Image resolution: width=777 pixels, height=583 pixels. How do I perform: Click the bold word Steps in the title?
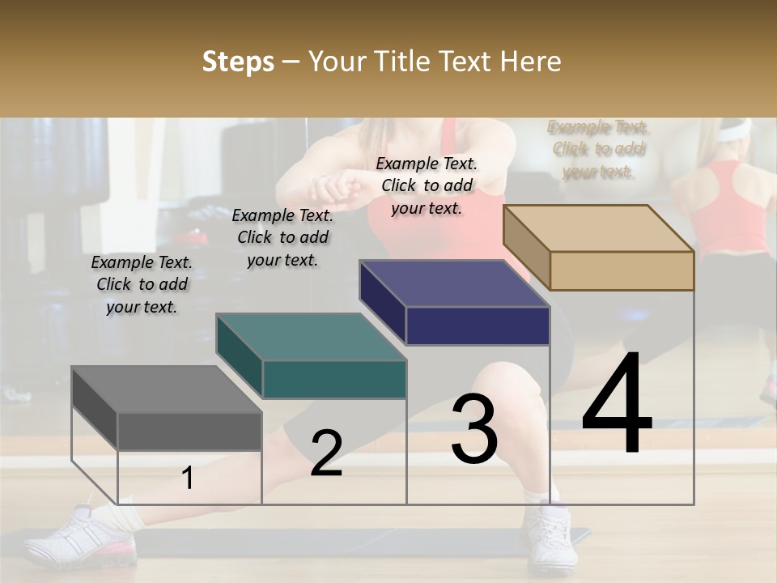238,62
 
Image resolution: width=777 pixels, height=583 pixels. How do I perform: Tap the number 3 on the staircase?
474,429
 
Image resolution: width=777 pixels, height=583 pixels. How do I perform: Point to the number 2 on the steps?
326,453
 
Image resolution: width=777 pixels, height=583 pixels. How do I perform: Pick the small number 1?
187,479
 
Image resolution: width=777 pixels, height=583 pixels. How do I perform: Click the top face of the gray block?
166,389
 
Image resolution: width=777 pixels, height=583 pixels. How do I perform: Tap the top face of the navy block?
454,284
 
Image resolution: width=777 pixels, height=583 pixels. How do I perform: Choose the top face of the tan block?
599,228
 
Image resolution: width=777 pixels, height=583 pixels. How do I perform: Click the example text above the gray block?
142,284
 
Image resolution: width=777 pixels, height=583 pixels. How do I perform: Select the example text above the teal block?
282,237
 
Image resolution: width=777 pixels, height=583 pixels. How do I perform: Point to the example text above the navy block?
427,185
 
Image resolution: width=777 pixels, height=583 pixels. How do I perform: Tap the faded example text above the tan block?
598,149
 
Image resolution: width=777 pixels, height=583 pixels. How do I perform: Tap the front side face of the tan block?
622,270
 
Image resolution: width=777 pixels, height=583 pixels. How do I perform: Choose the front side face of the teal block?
334,379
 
